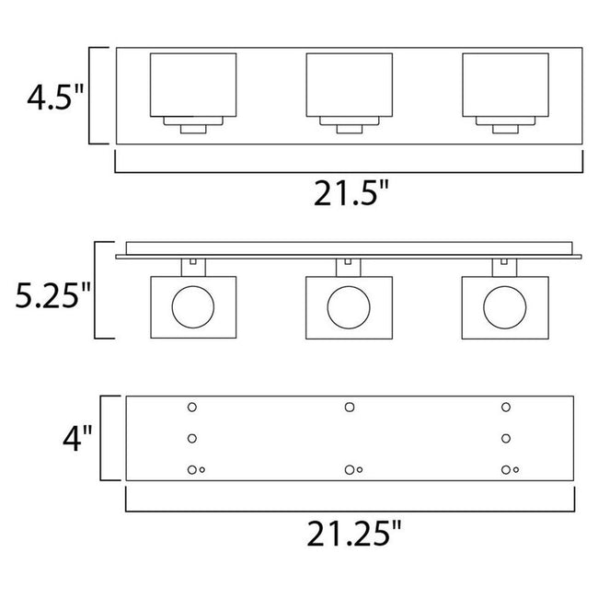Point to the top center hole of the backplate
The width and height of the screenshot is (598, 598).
pos(349,407)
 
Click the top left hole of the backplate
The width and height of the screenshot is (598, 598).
pos(192,407)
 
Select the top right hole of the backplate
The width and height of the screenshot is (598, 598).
pos(505,407)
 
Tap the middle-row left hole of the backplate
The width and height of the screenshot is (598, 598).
pos(192,438)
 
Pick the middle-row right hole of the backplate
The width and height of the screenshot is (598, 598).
pos(505,438)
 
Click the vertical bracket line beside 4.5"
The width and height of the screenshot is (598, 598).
pos(90,96)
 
